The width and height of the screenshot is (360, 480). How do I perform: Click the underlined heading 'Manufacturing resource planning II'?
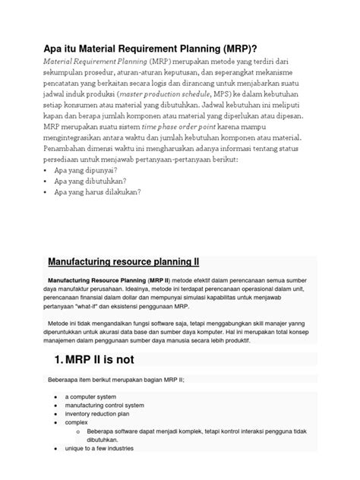pyautogui.click(x=123, y=262)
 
